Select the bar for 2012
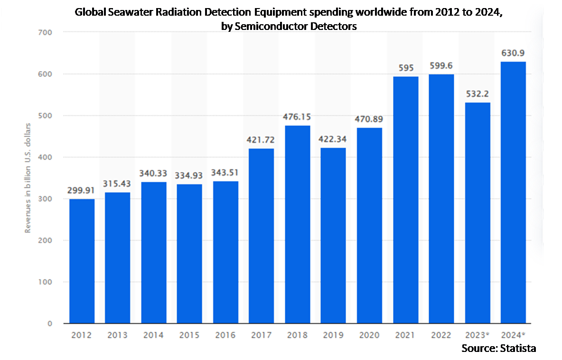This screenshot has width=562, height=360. coord(82,261)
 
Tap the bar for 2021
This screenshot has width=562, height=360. coord(406,200)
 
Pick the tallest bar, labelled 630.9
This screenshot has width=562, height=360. coord(513,192)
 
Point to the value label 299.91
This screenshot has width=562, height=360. coord(82,190)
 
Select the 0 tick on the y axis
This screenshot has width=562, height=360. coord(49,324)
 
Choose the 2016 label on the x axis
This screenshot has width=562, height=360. coord(225,335)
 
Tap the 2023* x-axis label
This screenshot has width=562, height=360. coord(478,335)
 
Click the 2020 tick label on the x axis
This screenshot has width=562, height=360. coord(369,335)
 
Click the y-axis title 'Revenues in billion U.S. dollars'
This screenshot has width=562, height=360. coord(28,178)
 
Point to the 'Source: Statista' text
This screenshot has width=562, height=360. coord(499,348)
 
